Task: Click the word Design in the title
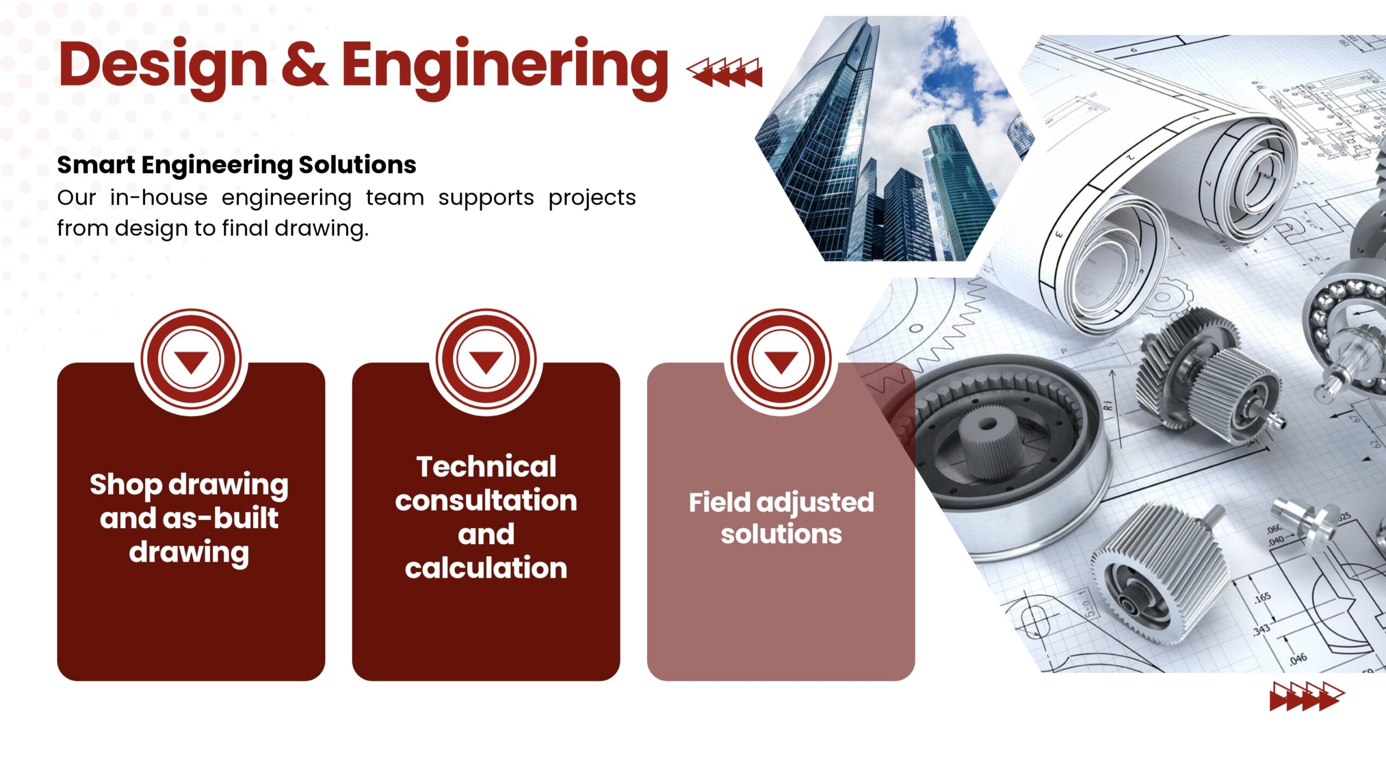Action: click(x=163, y=66)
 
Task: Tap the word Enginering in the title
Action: click(x=505, y=67)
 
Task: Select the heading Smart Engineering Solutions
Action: click(x=237, y=165)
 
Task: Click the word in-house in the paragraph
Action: click(x=159, y=197)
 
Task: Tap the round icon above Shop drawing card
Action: click(x=191, y=360)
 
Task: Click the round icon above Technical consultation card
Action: click(x=486, y=360)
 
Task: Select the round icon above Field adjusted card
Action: click(x=781, y=360)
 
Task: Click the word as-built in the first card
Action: click(x=220, y=518)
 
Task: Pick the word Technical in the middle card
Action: click(x=486, y=467)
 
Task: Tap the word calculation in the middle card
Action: click(x=486, y=568)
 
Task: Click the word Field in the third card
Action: click(x=720, y=502)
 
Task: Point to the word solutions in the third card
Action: click(x=781, y=534)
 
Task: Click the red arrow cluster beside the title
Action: click(x=724, y=73)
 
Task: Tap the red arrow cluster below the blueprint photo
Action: click(x=1307, y=697)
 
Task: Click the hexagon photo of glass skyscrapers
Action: click(x=895, y=139)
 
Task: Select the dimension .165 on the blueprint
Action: click(x=1262, y=597)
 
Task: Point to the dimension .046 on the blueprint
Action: click(x=1298, y=658)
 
